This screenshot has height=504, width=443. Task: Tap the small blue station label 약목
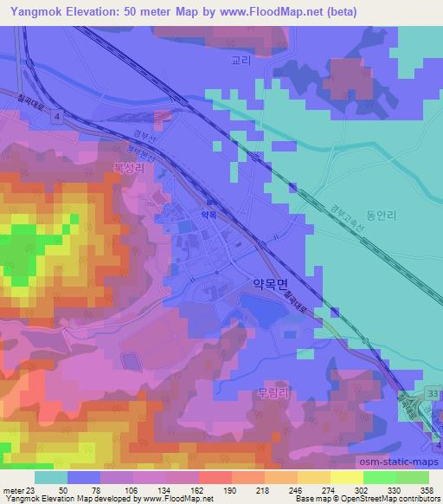209,212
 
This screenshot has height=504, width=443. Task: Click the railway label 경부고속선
345,217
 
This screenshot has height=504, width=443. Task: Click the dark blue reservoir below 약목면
260,307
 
